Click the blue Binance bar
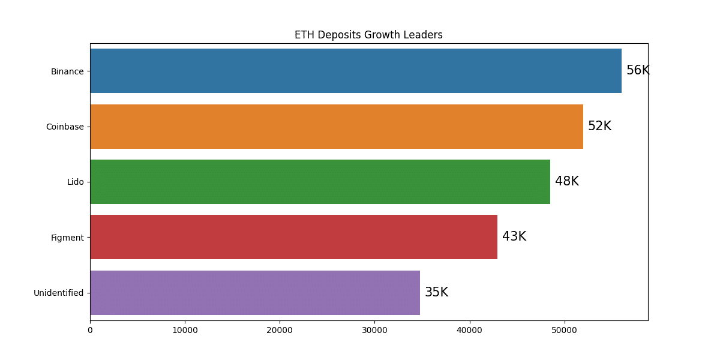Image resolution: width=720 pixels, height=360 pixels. click(356, 71)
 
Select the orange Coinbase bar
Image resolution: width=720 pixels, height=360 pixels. click(337, 127)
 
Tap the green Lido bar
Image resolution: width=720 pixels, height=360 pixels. click(320, 182)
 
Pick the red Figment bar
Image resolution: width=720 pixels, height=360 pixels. click(294, 237)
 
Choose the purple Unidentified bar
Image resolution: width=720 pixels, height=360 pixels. click(255, 293)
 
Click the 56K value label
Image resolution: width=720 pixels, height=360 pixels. click(638, 70)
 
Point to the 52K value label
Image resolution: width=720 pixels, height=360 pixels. click(600, 125)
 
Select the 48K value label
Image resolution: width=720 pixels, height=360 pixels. click(567, 181)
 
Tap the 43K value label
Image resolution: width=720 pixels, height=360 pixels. click(514, 236)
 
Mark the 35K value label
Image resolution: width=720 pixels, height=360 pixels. click(437, 292)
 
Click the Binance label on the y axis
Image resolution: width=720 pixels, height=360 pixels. click(67, 71)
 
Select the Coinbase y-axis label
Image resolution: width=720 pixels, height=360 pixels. click(65, 127)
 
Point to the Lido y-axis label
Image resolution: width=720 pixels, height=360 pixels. click(76, 182)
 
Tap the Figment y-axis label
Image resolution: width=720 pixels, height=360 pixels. click(67, 238)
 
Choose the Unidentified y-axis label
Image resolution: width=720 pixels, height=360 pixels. click(59, 293)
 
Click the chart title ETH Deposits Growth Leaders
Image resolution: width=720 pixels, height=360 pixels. click(368, 35)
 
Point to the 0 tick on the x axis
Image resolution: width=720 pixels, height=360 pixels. click(91, 330)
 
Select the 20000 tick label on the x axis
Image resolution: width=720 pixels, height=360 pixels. click(280, 330)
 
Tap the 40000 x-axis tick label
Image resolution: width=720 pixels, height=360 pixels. click(470, 330)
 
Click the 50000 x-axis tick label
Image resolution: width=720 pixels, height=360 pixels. click(565, 330)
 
